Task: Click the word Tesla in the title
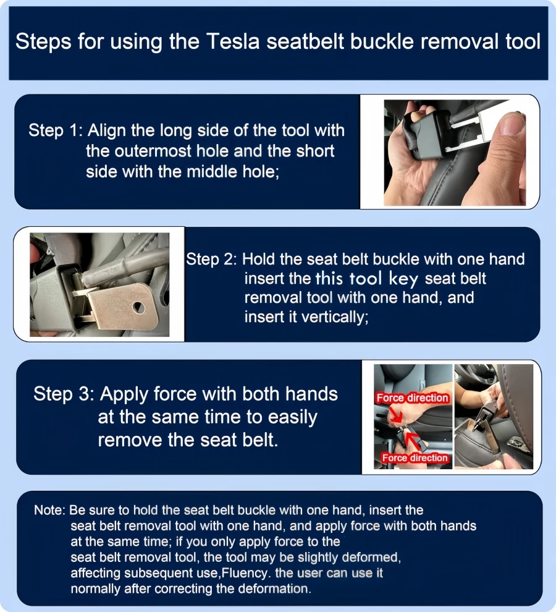(232, 41)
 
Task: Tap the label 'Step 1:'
(56, 130)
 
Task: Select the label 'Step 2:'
(211, 259)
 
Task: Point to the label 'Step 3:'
(64, 393)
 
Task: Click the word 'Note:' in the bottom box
(49, 510)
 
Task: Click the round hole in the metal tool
(138, 308)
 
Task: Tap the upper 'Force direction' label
(413, 397)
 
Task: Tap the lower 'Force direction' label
(415, 458)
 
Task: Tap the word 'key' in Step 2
(403, 279)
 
